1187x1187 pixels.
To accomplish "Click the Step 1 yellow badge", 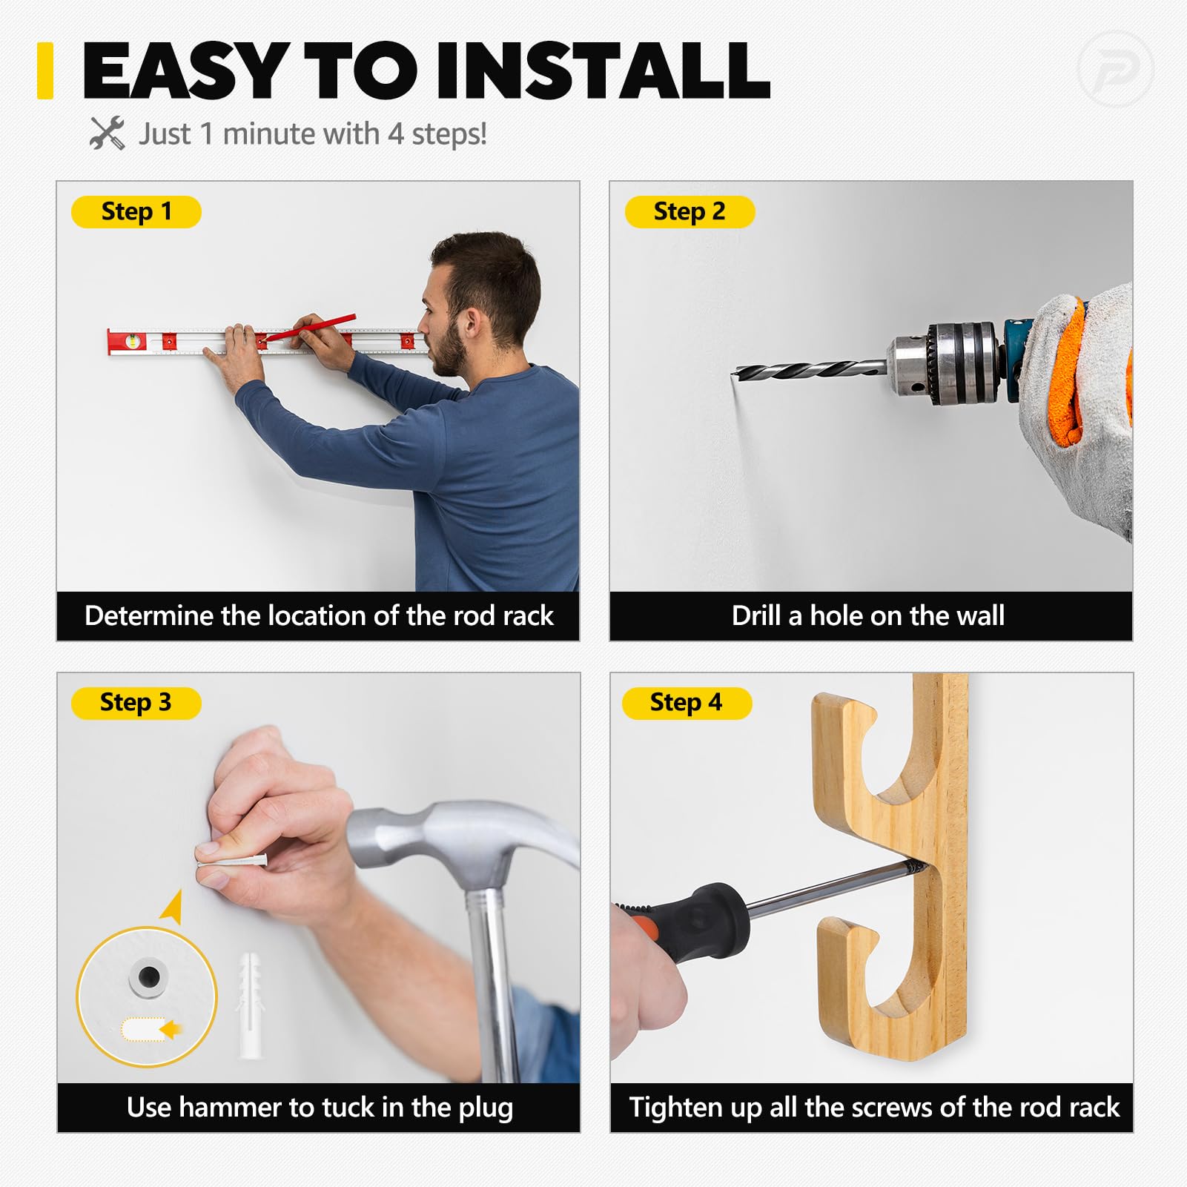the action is click(136, 212).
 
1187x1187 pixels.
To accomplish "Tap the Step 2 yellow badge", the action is click(690, 212).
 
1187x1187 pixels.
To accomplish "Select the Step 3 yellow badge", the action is click(136, 703).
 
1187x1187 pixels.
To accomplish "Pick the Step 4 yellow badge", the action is click(687, 703).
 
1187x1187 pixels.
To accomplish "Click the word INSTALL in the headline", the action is click(604, 70).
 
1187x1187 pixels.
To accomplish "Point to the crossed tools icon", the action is click(108, 133).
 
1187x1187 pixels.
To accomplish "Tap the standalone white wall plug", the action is click(250, 1005).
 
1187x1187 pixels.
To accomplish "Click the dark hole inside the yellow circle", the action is click(148, 976).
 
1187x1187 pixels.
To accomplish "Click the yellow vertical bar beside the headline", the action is click(45, 70).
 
